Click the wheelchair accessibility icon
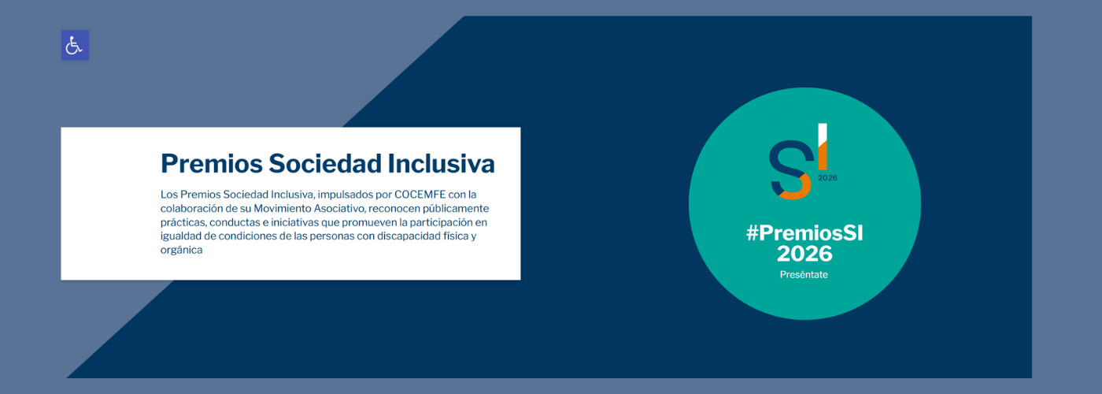pos(75,46)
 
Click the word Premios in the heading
pos(212,164)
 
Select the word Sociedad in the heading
pos(325,164)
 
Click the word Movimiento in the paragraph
pos(283,208)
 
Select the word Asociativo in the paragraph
pos(340,209)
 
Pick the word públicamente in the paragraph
pos(456,209)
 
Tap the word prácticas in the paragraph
pos(183,222)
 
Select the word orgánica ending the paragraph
pos(182,251)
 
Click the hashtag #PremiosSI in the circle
pos(804,233)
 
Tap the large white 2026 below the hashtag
pos(804,254)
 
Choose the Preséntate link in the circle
pos(804,275)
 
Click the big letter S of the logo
pos(790,170)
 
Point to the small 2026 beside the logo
pos(827,178)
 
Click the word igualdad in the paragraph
pos(181,236)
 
